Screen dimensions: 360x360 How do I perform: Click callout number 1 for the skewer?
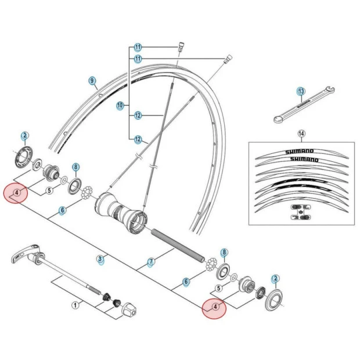74,304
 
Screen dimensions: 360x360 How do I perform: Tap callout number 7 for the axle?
151,262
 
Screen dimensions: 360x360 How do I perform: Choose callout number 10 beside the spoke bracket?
120,106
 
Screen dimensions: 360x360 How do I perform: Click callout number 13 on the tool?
300,92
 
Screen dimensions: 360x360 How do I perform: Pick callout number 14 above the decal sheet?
301,133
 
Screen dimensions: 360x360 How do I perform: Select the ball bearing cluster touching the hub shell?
88,192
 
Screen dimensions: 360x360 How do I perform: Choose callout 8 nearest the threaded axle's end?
225,254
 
